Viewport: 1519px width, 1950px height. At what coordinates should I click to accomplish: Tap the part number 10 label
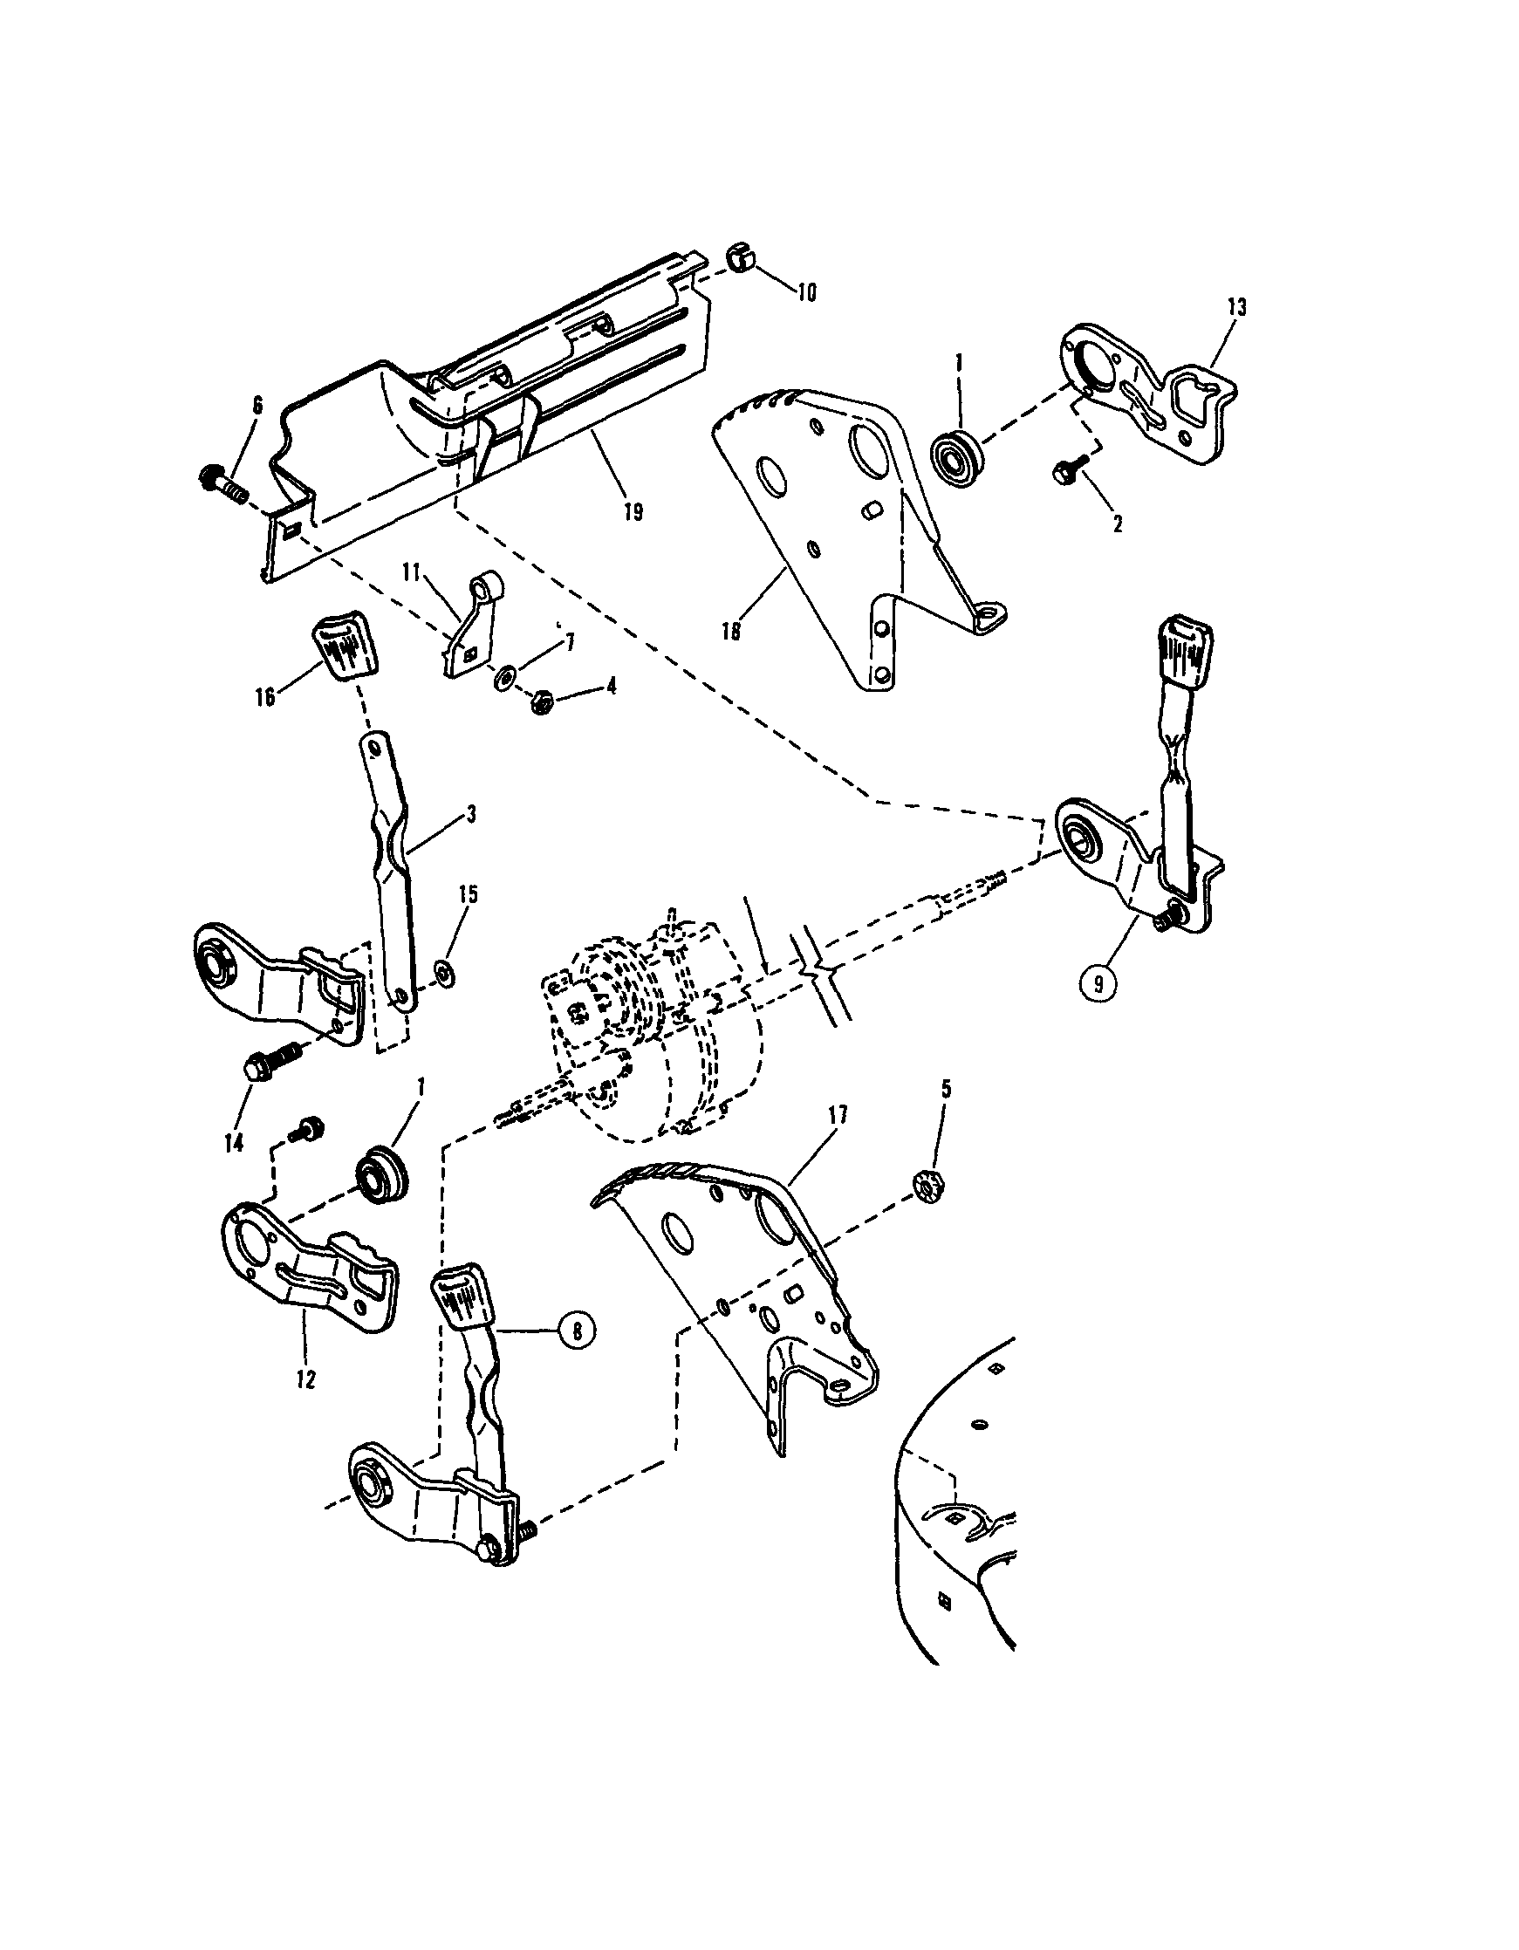pyautogui.click(x=805, y=293)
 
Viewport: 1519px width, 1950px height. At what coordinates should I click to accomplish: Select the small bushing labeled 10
pyautogui.click(x=736, y=258)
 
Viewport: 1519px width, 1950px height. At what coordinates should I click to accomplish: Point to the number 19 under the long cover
pyautogui.click(x=633, y=513)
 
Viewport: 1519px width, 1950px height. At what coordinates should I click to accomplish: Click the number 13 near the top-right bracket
pyautogui.click(x=1237, y=307)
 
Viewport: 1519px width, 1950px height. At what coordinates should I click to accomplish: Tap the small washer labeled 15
pyautogui.click(x=443, y=971)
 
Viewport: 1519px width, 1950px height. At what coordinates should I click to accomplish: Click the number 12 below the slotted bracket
pyautogui.click(x=305, y=1379)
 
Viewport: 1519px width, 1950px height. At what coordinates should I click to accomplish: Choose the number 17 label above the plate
pyautogui.click(x=838, y=1114)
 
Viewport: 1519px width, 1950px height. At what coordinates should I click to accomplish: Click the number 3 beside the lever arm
pyautogui.click(x=470, y=814)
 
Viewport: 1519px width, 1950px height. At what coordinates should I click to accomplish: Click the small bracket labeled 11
pyautogui.click(x=470, y=628)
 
